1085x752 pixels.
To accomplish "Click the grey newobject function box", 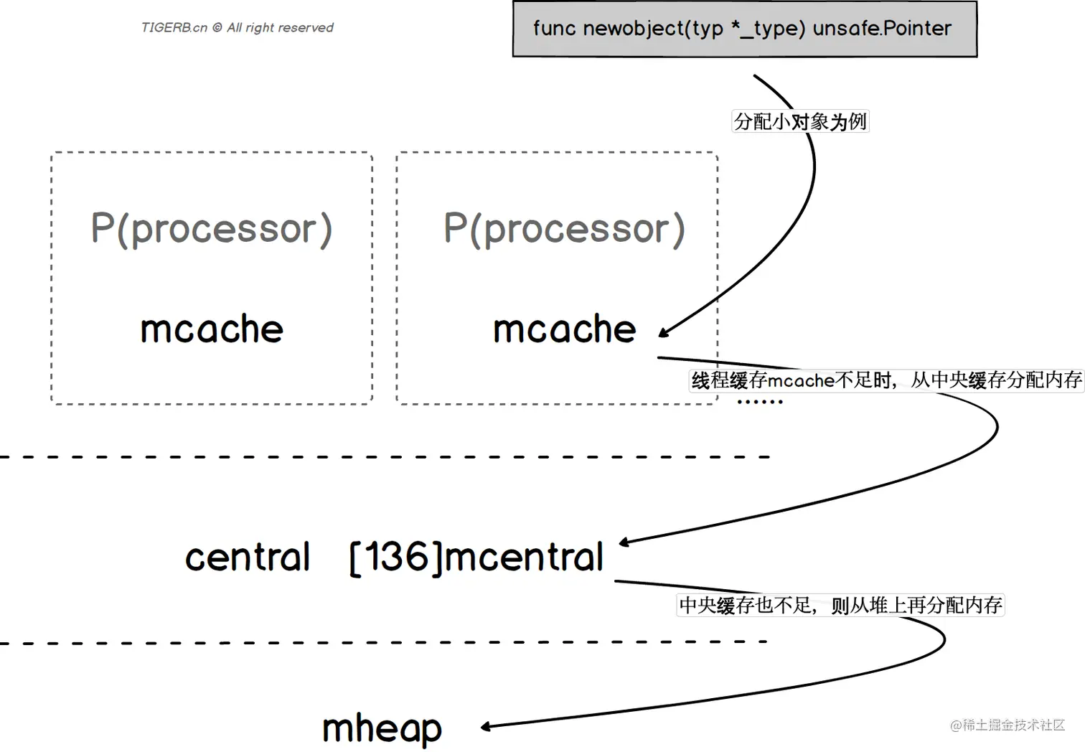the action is click(745, 29).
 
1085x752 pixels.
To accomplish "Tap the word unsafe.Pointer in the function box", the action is click(882, 28).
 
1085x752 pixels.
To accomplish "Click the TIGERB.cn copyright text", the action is click(238, 27).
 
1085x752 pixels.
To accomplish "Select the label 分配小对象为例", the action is click(800, 121).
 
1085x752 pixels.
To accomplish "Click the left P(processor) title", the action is click(212, 229).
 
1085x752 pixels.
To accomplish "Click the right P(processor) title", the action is click(564, 229).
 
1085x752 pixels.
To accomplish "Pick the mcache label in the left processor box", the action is click(212, 329).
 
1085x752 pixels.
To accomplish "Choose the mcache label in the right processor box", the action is click(564, 329).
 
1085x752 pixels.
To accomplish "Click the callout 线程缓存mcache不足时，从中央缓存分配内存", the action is click(886, 380).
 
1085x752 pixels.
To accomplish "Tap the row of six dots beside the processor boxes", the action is click(760, 401).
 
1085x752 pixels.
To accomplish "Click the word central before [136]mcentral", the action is click(248, 557).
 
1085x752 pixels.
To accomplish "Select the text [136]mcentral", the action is click(476, 558).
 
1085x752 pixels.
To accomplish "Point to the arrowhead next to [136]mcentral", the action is click(625, 542).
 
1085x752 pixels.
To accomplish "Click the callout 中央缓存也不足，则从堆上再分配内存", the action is click(840, 606).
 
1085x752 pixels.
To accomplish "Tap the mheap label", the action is click(382, 729).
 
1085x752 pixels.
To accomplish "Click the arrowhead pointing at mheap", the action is click(487, 726).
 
